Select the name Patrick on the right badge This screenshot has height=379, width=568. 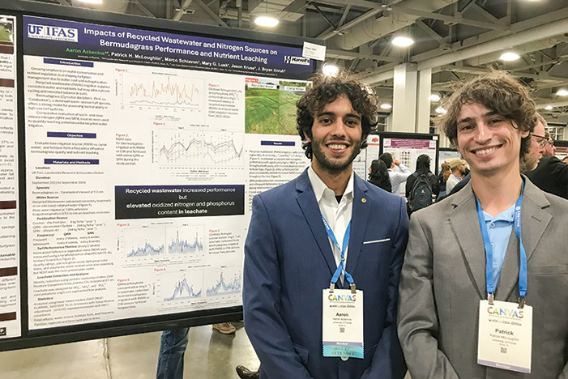tap(502, 331)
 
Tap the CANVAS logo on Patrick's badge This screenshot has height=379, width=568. tap(505, 312)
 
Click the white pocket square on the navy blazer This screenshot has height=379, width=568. tap(376, 241)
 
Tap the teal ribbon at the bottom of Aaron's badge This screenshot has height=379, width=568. tap(342, 352)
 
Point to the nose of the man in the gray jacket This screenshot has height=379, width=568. tap(485, 137)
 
